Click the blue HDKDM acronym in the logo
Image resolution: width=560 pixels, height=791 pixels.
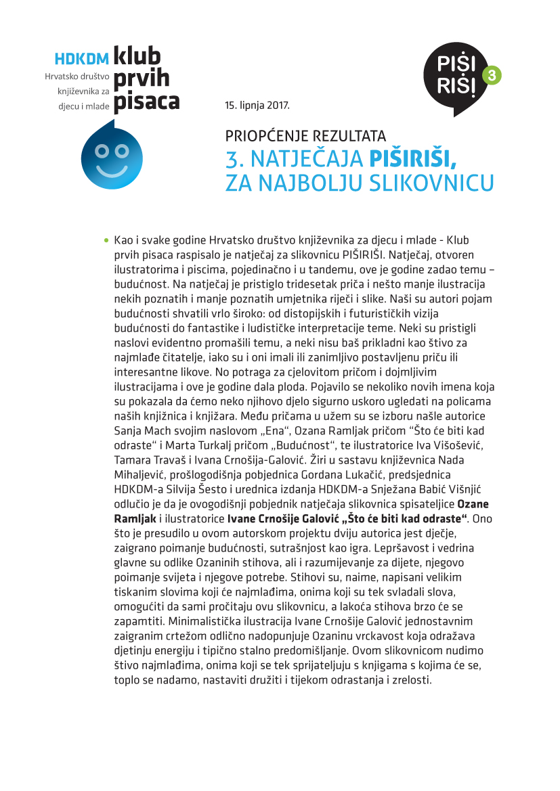(x=82, y=60)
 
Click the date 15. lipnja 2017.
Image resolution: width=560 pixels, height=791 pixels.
(x=257, y=106)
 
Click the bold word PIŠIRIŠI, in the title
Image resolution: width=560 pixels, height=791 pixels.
(x=412, y=158)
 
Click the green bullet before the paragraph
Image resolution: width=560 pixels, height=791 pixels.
(x=106, y=240)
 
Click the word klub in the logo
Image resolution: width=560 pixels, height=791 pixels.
(x=137, y=57)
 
